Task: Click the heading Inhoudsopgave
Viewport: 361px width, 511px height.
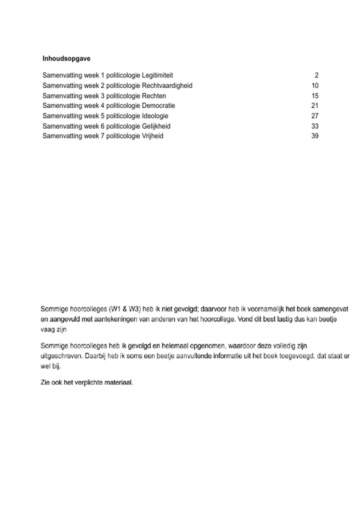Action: point(66,58)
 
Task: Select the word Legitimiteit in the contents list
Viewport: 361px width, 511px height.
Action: point(157,75)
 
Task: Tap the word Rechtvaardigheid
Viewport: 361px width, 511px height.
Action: point(167,85)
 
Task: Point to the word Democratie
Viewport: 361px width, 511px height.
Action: point(158,106)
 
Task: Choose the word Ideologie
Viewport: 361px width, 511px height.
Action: point(155,116)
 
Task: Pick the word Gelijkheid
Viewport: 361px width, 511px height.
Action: point(156,126)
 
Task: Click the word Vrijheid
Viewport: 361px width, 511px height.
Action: point(153,136)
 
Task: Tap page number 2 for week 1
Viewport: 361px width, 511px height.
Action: point(316,75)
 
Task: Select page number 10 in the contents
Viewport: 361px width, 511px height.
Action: point(315,85)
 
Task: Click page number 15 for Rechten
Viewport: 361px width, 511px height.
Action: point(315,96)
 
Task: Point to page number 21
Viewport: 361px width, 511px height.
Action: point(315,106)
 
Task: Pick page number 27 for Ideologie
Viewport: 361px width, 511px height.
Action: point(315,116)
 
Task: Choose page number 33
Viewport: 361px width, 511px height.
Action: point(315,126)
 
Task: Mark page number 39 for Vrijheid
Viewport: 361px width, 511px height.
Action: point(315,136)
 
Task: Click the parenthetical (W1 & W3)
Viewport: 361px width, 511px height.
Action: point(125,309)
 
